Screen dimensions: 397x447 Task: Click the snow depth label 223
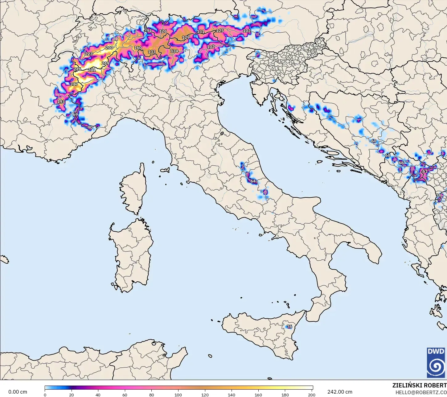88,54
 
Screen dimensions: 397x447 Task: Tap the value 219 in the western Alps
105,63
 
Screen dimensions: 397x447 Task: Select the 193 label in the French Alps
61,101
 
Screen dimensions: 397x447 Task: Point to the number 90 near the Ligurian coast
90,127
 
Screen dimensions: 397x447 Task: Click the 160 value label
138,48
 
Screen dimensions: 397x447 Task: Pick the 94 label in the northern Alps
149,31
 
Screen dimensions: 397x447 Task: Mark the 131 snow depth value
200,31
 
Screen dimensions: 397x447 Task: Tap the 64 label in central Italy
253,181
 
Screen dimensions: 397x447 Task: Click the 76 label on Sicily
289,326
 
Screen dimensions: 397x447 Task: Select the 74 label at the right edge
438,195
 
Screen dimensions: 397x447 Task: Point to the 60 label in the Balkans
374,141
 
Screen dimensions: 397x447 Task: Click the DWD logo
436,362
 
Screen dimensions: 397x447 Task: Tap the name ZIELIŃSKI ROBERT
419,385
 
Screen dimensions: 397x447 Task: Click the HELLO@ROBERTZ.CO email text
421,392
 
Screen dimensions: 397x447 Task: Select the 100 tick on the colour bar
178,395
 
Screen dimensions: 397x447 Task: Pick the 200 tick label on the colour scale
312,395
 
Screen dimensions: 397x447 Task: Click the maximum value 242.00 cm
340,392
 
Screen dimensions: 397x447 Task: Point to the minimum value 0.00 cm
18,392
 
